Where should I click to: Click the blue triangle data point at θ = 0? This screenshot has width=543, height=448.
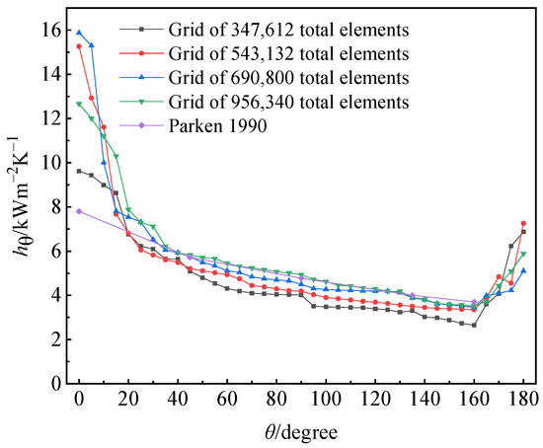[79, 33]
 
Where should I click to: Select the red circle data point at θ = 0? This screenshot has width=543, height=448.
[79, 46]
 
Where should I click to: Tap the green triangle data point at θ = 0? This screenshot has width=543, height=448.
[79, 105]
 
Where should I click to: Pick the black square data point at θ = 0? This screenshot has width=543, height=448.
[79, 171]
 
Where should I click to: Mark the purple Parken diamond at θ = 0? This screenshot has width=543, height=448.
[79, 211]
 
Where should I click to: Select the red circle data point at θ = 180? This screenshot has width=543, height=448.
[523, 223]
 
